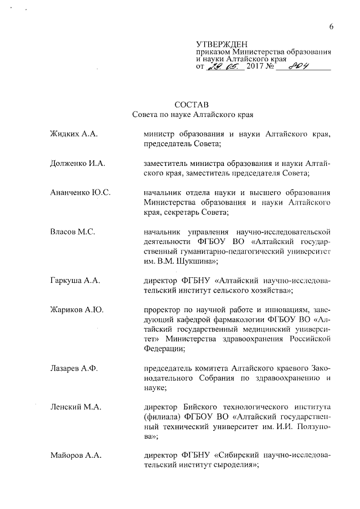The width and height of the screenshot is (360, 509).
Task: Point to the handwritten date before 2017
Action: pyautogui.click(x=226, y=66)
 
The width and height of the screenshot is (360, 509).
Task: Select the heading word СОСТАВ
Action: pyautogui.click(x=191, y=104)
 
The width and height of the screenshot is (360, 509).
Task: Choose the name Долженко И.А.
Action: pyautogui.click(x=78, y=163)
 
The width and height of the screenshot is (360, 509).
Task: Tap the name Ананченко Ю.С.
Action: pyautogui.click(x=80, y=193)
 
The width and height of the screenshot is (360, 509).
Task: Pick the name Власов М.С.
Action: pyautogui.click(x=73, y=231)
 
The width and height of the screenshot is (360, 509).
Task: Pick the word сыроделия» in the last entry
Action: pyautogui.click(x=236, y=465)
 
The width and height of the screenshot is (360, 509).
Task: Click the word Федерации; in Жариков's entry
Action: pyautogui.click(x=164, y=348)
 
